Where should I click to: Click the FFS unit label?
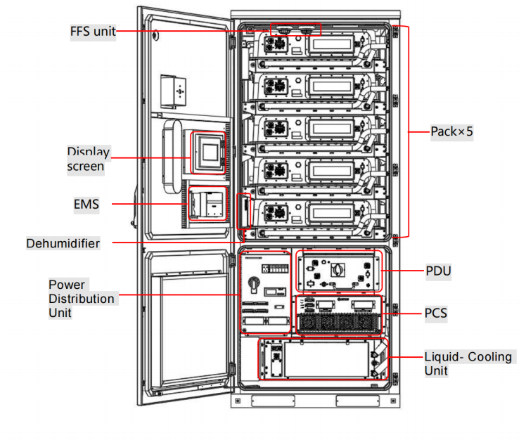pyautogui.click(x=93, y=32)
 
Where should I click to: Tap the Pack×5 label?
pyautogui.click(x=451, y=131)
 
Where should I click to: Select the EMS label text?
pyautogui.click(x=86, y=204)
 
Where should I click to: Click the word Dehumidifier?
pyautogui.click(x=63, y=243)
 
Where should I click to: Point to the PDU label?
pyautogui.click(x=438, y=271)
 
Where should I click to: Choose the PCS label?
pyautogui.click(x=436, y=313)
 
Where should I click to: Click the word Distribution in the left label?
pyautogui.click(x=82, y=299)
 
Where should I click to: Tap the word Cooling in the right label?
pyautogui.click(x=489, y=356)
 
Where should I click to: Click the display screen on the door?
pyautogui.click(x=208, y=153)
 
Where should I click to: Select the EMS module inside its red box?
pyautogui.click(x=207, y=204)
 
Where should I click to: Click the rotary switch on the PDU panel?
pyautogui.click(x=338, y=269)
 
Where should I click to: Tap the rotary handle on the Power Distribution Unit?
pyautogui.click(x=254, y=284)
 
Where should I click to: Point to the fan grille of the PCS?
pyautogui.click(x=339, y=323)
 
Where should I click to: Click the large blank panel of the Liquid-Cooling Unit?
pyautogui.click(x=326, y=359)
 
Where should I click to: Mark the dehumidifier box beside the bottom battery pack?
pyautogui.click(x=244, y=212)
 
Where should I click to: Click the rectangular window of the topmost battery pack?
pyautogui.click(x=331, y=44)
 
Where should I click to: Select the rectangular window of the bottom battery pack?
pyautogui.click(x=331, y=212)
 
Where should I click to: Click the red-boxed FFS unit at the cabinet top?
pyautogui.click(x=295, y=30)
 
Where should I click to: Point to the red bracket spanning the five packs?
pyautogui.click(x=408, y=131)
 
